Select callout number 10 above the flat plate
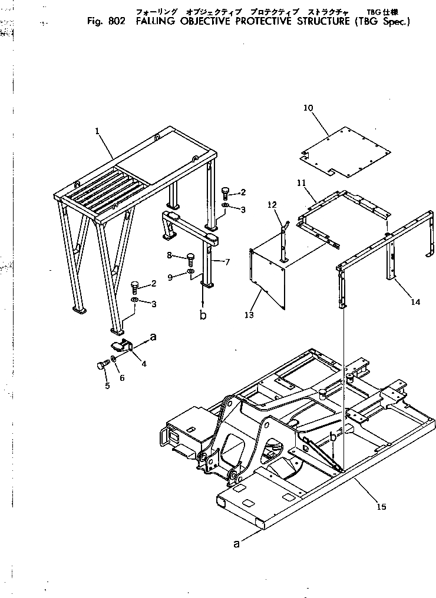308,108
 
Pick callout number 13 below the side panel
249,315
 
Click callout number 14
416,302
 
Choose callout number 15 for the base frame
381,507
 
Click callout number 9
170,277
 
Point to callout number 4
144,364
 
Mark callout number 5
107,386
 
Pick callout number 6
122,378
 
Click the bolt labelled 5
101,366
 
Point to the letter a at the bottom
236,544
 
